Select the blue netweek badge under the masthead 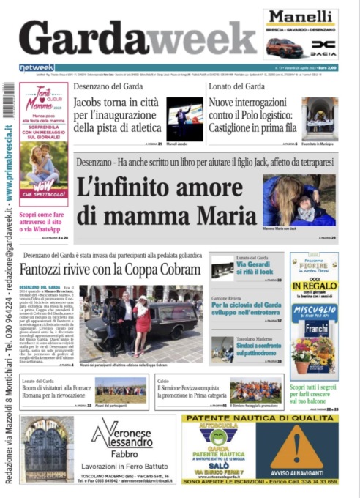coord(37,67)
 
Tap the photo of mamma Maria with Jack coord(299,200)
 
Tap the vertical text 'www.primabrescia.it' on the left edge coord(9,161)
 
